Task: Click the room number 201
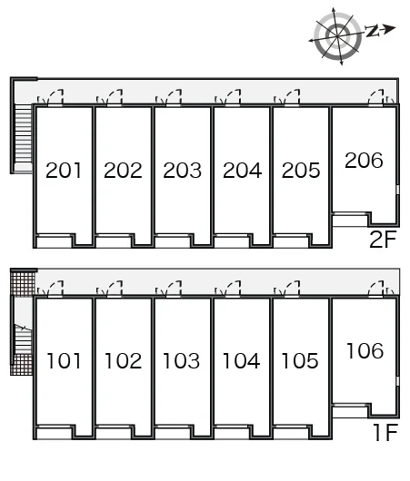tap(64, 171)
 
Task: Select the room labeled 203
tap(182, 171)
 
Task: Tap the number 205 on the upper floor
tap(301, 171)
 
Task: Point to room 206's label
tap(364, 160)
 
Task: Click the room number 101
tap(64, 361)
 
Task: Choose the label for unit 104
tap(241, 361)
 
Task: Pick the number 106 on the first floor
tap(365, 350)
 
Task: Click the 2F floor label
tap(383, 240)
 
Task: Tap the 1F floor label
tap(385, 432)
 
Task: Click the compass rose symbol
tap(337, 36)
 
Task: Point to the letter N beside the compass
tap(373, 31)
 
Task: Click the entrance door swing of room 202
tap(114, 97)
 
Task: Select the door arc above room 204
tap(233, 97)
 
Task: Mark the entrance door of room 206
tap(376, 97)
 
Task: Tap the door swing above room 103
tap(174, 289)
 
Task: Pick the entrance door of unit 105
tap(292, 289)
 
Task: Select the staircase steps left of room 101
tap(24, 339)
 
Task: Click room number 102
tap(123, 361)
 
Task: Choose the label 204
tap(242, 171)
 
